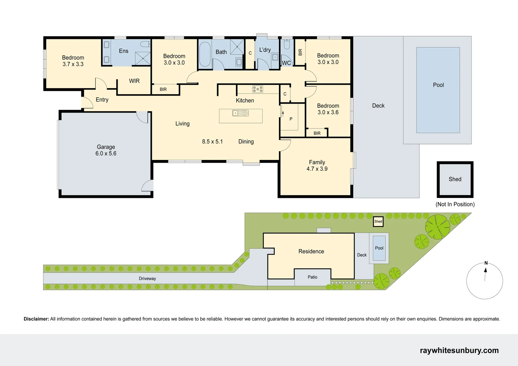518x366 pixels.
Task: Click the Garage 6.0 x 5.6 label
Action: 106,150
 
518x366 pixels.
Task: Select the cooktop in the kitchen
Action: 258,89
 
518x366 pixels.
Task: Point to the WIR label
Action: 134,81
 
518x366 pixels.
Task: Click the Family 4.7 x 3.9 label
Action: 317,165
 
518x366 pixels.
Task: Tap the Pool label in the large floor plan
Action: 438,85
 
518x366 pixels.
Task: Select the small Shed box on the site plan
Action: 378,222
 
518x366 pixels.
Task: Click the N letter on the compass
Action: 486,263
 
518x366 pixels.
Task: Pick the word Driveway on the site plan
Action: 147,279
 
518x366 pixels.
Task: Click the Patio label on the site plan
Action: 312,277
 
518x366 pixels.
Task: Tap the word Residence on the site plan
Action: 311,251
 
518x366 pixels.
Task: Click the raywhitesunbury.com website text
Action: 459,350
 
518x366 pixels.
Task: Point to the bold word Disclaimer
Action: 36,319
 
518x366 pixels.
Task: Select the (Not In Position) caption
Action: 455,204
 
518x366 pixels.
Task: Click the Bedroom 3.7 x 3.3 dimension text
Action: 73,64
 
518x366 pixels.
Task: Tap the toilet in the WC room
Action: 286,44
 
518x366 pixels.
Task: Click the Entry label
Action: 102,100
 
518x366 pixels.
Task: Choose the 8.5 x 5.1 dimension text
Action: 212,142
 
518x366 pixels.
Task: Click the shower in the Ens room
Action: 143,58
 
